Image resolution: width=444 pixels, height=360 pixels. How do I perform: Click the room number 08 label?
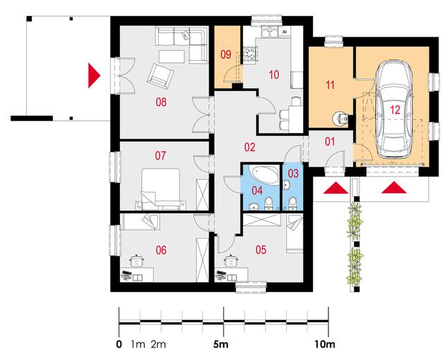[161, 102]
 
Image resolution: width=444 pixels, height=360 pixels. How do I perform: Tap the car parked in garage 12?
[394, 110]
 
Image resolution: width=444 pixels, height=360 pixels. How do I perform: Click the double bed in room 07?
[161, 189]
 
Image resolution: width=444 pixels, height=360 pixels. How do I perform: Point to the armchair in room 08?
[160, 77]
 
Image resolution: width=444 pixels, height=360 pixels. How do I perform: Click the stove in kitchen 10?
[250, 53]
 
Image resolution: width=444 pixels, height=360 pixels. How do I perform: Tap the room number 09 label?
[226, 55]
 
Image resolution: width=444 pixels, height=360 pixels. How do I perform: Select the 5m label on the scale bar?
[221, 345]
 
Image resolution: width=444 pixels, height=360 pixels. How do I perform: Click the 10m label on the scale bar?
[325, 345]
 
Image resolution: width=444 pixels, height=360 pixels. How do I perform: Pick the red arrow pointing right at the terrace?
[94, 75]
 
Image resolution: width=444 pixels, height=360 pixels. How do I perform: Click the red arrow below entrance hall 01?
[336, 188]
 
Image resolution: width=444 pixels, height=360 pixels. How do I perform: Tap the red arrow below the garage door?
[394, 188]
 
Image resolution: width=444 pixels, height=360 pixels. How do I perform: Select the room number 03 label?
[294, 173]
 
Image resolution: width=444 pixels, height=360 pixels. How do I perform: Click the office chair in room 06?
[136, 260]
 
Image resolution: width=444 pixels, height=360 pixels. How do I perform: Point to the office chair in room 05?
[231, 260]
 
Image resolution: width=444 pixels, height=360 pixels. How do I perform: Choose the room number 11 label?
[330, 85]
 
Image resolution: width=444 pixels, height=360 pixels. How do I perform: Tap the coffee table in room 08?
[172, 56]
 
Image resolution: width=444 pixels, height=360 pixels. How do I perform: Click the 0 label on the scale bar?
[119, 345]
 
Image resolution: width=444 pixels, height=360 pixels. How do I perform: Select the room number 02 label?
[250, 147]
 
